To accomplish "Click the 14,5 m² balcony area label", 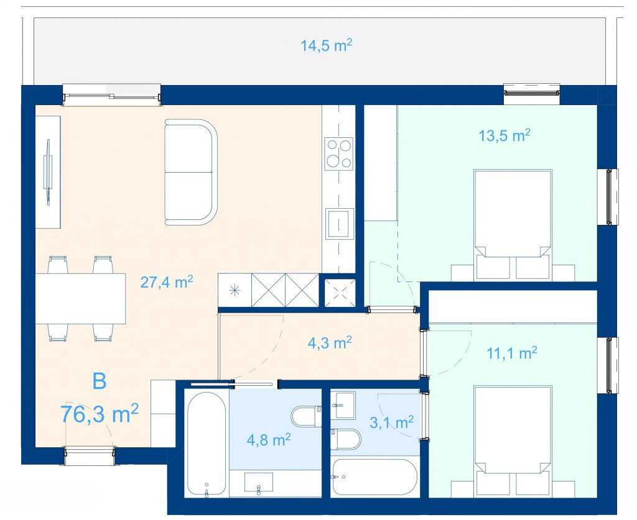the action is point(326,45).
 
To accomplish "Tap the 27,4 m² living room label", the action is point(166,281).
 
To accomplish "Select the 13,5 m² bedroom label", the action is point(504,135).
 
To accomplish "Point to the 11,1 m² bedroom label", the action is point(512,353).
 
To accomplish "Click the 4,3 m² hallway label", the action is point(330,343).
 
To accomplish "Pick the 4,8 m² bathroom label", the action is point(269,440).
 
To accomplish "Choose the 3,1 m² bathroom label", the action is point(392,422).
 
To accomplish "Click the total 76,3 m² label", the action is point(100,413).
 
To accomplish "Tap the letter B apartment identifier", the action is point(100,381).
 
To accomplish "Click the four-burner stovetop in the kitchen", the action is point(338,153).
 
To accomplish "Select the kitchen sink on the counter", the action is point(339,223).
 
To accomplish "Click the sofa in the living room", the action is point(191,172).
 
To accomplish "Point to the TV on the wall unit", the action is point(48,172).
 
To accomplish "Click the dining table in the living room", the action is point(80,299).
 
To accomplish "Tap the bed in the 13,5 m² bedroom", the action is point(513,224).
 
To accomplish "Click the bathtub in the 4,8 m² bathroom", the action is point(207,444).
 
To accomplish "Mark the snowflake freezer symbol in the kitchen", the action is point(235,290).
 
